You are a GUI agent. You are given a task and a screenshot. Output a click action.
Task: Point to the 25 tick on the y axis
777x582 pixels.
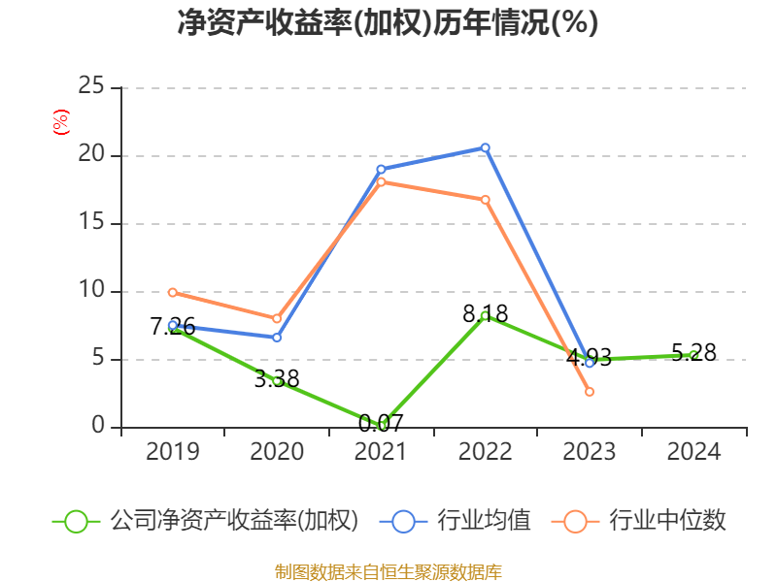[91, 87]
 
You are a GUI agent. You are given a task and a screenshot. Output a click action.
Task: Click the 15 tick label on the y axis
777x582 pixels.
[91, 223]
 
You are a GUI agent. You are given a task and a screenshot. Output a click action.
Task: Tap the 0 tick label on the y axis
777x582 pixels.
[97, 427]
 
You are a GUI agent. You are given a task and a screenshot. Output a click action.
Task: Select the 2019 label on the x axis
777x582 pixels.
[172, 452]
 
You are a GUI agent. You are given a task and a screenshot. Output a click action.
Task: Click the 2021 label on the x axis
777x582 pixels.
[381, 452]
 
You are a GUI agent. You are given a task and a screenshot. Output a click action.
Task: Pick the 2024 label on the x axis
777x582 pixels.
[693, 452]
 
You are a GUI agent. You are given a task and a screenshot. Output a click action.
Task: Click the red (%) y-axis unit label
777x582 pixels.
[60, 123]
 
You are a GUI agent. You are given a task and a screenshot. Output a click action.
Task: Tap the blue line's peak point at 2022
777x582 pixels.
[486, 147]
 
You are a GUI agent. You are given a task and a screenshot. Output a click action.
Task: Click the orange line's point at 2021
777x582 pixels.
[381, 181]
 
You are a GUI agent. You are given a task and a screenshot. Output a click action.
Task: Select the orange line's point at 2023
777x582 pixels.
[590, 392]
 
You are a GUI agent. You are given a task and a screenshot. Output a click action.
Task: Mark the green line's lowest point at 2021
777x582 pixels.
[381, 425]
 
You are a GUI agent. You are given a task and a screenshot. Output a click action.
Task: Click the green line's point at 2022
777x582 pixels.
[486, 315]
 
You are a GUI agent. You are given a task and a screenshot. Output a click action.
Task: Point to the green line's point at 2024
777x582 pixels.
[693, 355]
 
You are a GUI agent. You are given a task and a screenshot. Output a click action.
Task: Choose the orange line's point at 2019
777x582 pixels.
[172, 292]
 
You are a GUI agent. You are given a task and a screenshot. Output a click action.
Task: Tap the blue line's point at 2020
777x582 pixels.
[277, 338]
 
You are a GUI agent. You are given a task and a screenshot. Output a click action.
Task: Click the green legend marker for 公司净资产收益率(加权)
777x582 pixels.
[76, 521]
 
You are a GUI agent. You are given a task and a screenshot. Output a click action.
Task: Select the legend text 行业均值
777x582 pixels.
[484, 521]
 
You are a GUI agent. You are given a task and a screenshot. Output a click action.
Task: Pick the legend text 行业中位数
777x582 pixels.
[667, 521]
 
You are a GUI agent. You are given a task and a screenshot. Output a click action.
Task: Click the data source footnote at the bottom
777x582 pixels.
[388, 571]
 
